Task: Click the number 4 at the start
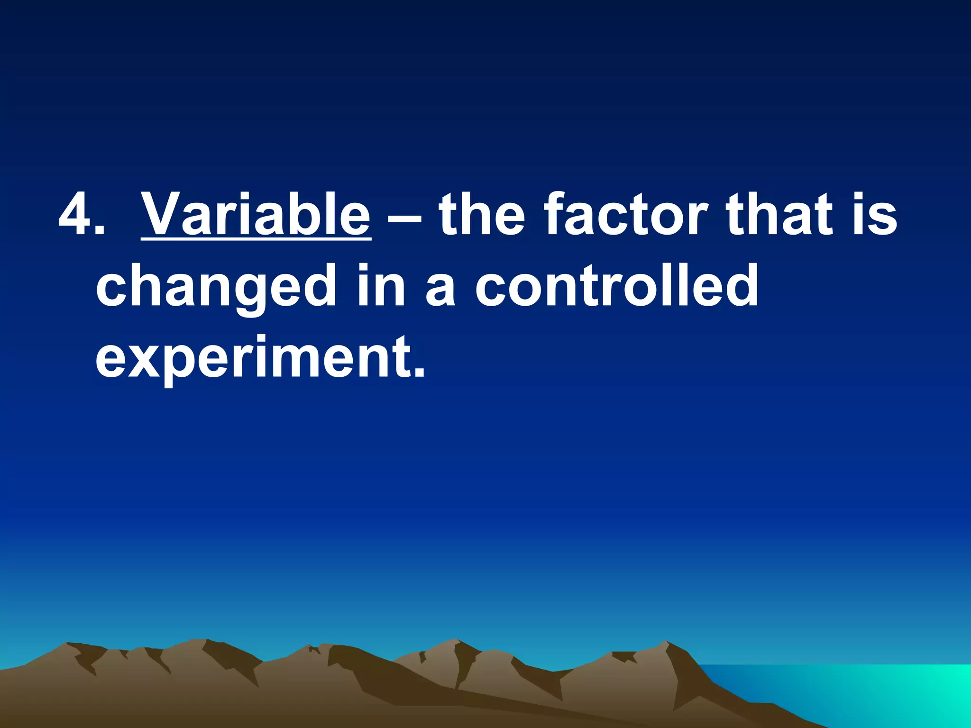(79, 214)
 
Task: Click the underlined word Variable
(256, 214)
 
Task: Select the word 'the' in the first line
(482, 214)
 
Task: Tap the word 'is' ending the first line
(875, 214)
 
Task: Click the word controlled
(617, 284)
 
